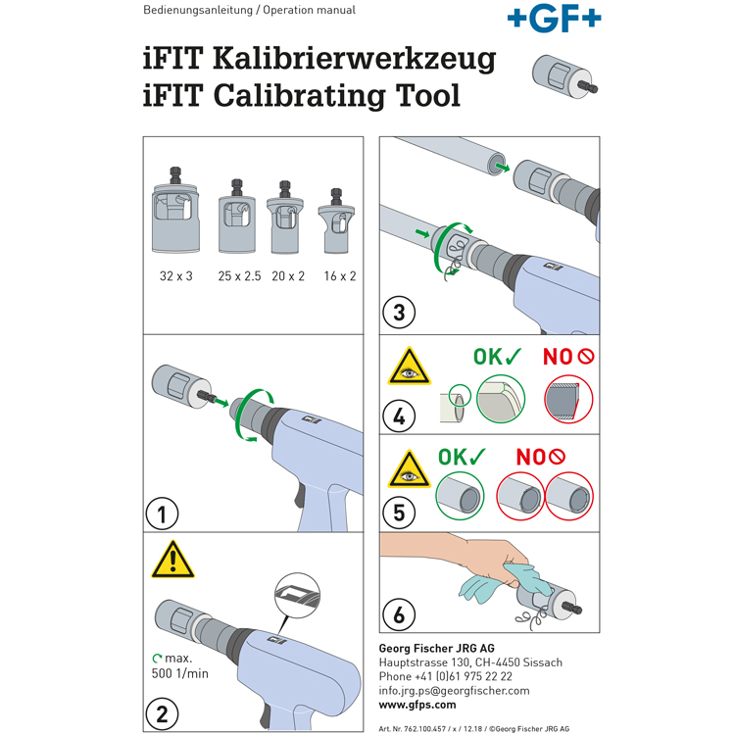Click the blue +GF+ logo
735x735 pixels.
pos(554,19)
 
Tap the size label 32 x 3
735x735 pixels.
pos(176,276)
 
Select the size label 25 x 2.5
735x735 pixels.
pos(239,276)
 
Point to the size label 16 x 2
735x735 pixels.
pos(340,276)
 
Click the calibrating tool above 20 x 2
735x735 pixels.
pos(285,217)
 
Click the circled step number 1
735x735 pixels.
pos(162,514)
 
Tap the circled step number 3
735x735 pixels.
pos(399,313)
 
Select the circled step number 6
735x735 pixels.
pos(399,614)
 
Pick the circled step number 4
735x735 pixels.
pos(399,416)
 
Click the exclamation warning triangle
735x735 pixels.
pos(172,560)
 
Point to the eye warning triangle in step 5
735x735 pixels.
pos(410,469)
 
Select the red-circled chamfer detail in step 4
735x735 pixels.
pos(568,400)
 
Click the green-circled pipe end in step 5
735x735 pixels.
pos(460,497)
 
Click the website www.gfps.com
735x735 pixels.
pos(417,705)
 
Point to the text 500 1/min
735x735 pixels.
pos(180,673)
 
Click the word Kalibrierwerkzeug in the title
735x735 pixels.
pos(355,59)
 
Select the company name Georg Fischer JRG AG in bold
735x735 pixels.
pos(436,649)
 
